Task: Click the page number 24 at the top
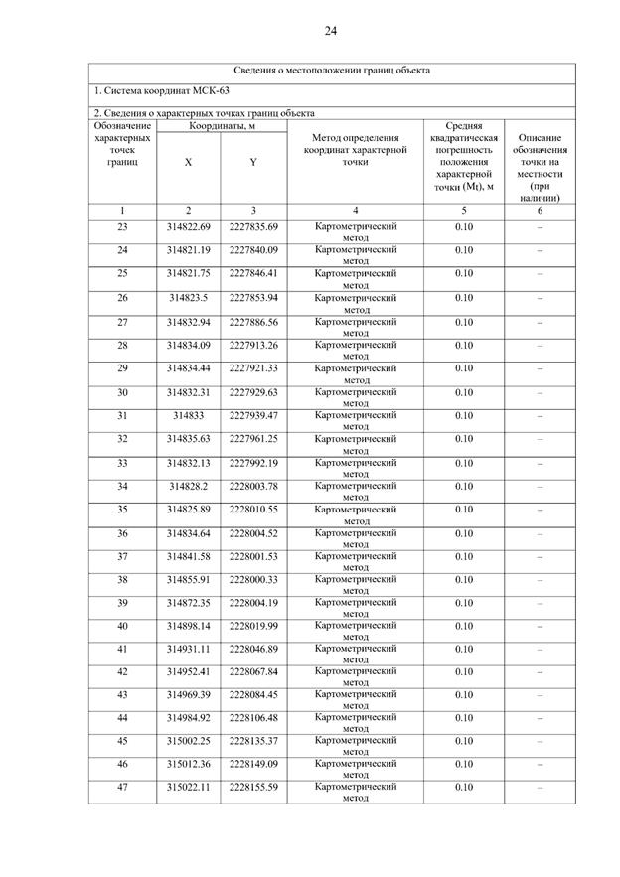(x=330, y=31)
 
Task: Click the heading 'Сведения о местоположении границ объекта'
(x=332, y=71)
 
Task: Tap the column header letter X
(x=188, y=162)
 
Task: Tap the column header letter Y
(x=253, y=162)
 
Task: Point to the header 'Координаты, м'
(x=221, y=126)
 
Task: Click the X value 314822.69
(x=188, y=227)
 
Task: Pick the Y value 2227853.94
(x=253, y=298)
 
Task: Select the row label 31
(x=122, y=415)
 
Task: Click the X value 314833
(x=188, y=415)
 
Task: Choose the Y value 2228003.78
(x=253, y=486)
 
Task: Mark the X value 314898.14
(x=188, y=626)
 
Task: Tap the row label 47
(x=122, y=787)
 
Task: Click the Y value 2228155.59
(x=253, y=787)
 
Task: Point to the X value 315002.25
(x=188, y=740)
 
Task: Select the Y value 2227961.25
(x=253, y=438)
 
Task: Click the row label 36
(x=122, y=533)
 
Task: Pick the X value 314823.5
(x=188, y=298)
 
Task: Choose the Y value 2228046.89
(x=253, y=649)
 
